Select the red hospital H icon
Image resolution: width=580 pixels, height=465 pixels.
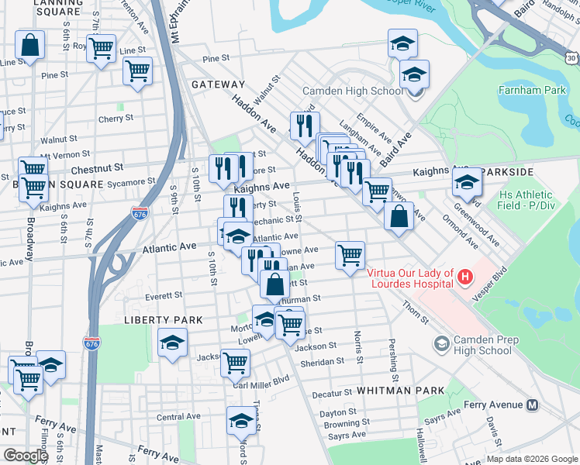tap(464, 276)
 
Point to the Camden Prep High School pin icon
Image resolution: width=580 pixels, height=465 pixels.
tap(441, 343)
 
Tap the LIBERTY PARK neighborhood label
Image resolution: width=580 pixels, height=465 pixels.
tap(162, 319)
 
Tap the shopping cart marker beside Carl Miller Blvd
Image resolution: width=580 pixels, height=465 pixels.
tap(235, 361)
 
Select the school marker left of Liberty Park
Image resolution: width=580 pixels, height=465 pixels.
tap(172, 342)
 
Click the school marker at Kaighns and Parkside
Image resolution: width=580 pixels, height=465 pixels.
tap(467, 181)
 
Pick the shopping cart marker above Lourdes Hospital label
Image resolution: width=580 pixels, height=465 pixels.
tap(350, 254)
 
